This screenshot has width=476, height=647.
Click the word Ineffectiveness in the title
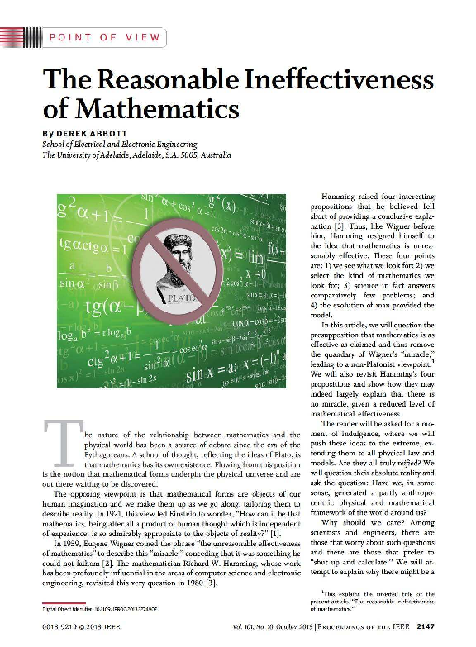click(338, 80)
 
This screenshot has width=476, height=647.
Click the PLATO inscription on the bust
click(179, 291)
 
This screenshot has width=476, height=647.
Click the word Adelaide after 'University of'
click(119, 155)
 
